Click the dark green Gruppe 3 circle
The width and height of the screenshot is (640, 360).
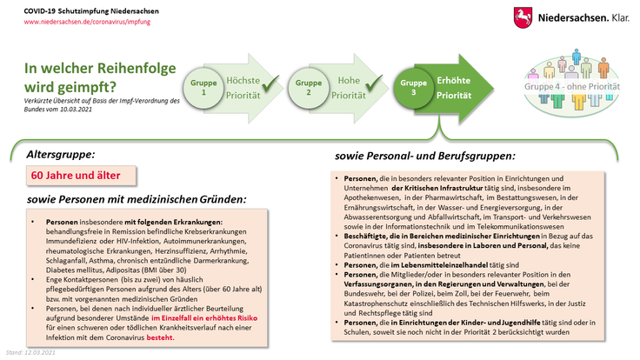point(414,87)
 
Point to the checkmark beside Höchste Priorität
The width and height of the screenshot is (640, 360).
point(269,85)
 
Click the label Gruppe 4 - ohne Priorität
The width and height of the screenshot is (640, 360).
point(577,88)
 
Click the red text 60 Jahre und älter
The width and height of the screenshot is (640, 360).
point(84,176)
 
